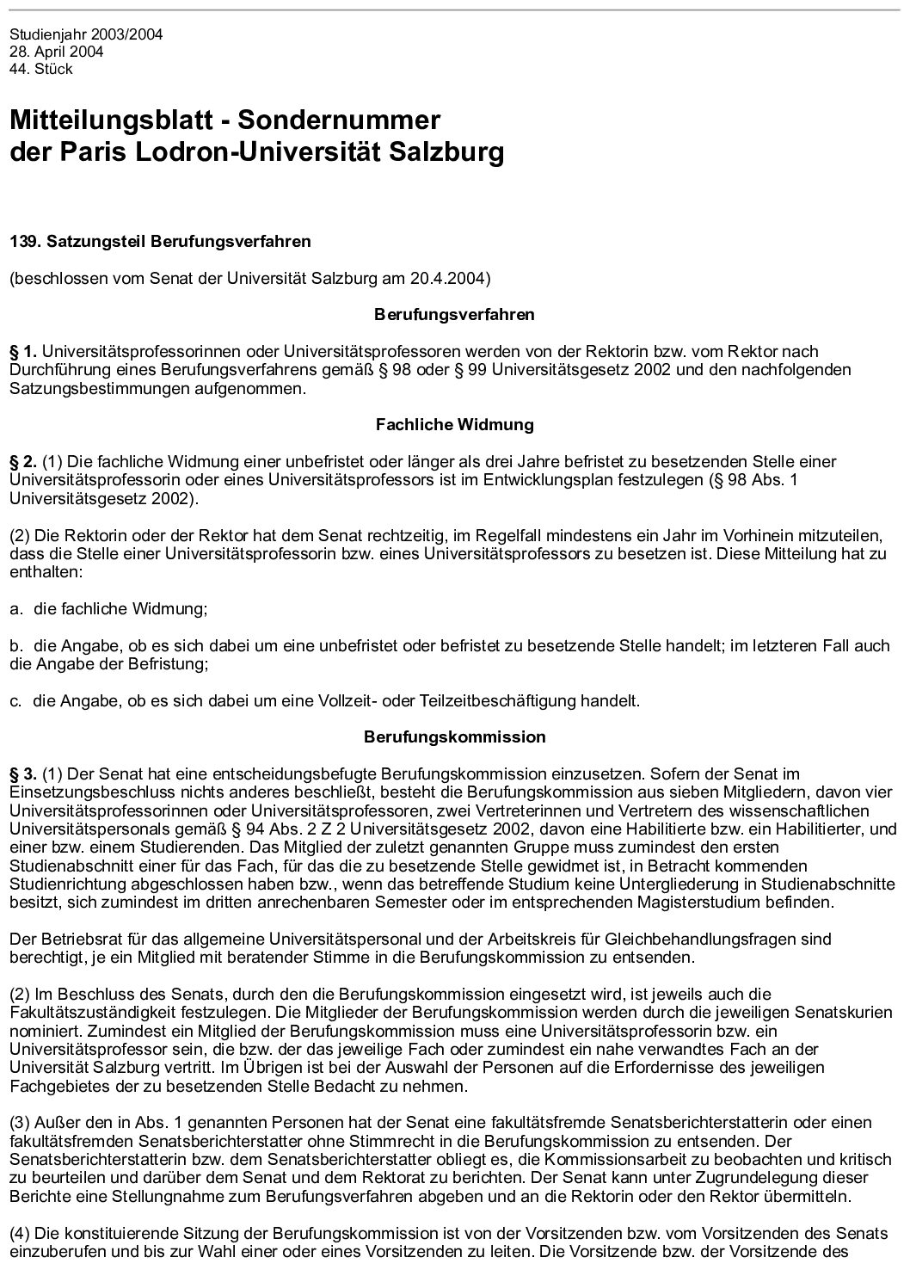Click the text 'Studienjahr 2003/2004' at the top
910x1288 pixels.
tap(86, 35)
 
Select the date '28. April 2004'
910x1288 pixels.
tap(57, 52)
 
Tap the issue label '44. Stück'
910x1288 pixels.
tap(41, 69)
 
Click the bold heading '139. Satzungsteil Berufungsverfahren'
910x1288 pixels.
tap(160, 242)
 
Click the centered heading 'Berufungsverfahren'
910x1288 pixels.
tap(454, 315)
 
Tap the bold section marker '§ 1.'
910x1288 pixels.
tap(23, 351)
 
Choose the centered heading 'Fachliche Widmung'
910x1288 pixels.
tap(454, 424)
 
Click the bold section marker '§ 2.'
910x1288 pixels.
tap(23, 462)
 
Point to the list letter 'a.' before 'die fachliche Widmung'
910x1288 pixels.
tap(15, 609)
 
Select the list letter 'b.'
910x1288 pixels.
tap(15, 645)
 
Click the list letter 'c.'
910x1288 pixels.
tap(15, 700)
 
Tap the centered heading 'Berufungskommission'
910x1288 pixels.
tap(454, 737)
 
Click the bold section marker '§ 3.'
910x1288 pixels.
tap(23, 774)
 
